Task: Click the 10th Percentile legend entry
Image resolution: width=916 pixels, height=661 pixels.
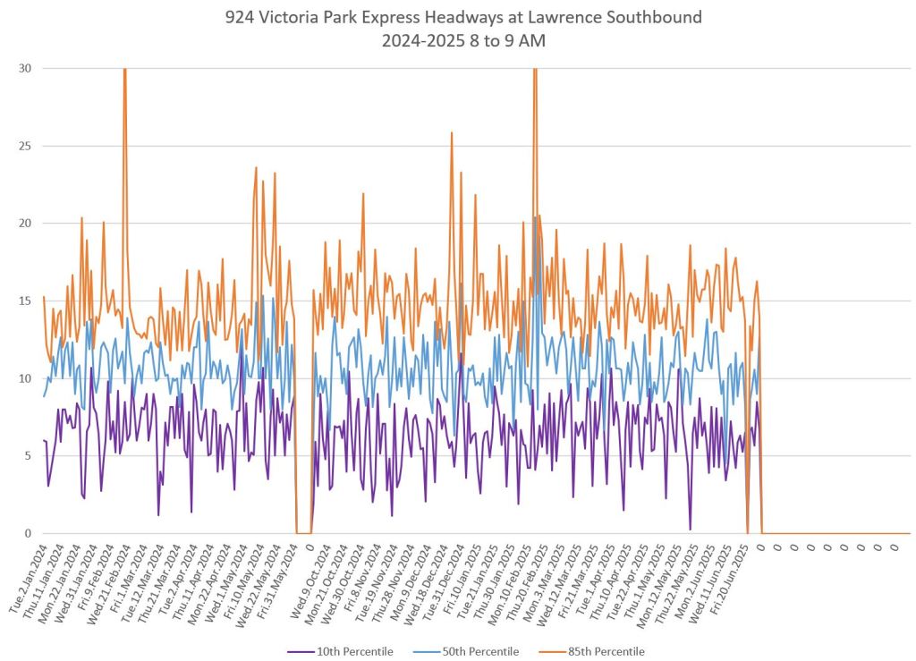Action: [343, 651]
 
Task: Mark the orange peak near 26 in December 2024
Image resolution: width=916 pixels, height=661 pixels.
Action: [452, 132]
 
